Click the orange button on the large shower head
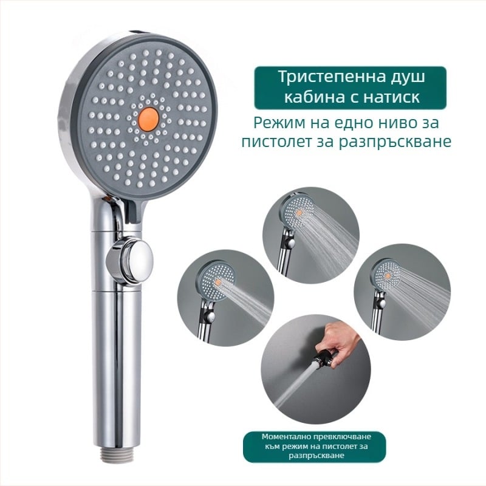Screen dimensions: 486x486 point(148,118)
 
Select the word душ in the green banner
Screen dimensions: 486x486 point(406,77)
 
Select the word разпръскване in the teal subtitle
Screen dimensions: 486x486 point(394,142)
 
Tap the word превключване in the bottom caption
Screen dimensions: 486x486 point(342,437)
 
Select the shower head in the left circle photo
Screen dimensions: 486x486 point(216,281)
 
